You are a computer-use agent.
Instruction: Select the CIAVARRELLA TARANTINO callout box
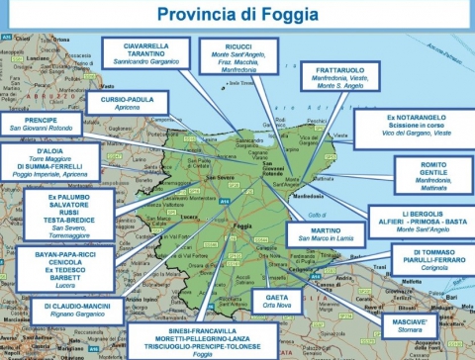(151, 53)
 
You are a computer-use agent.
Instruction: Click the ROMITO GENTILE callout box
(432, 175)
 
